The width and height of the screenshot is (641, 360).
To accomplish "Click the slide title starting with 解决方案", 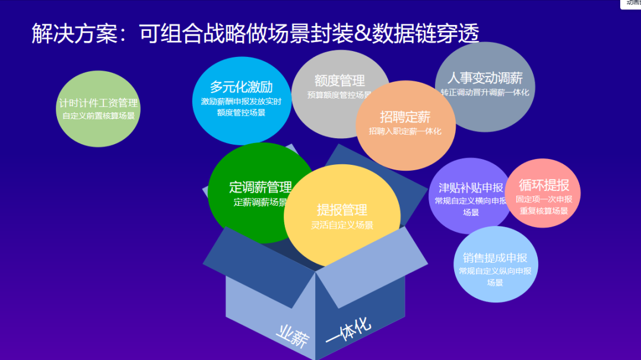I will click(255, 34).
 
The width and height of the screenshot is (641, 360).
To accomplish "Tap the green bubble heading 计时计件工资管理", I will click(99, 103).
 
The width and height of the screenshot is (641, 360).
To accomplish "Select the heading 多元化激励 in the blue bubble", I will click(241, 87).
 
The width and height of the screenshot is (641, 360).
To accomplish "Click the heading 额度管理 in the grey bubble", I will click(339, 81).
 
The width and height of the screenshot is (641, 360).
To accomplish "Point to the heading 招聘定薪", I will click(405, 117).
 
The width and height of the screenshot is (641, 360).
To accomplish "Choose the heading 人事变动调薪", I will click(485, 78).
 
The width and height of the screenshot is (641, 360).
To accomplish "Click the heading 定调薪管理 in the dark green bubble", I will click(261, 187).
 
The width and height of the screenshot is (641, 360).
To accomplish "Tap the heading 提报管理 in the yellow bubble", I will click(342, 209).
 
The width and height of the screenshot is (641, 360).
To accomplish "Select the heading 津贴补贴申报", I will click(471, 187).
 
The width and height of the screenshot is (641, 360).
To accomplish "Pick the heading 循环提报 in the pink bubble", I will click(544, 184).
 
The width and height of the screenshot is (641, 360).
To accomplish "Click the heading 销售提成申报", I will click(495, 258).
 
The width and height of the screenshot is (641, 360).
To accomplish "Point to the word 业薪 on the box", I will click(293, 336).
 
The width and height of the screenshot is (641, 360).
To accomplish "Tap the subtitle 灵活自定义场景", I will click(342, 225).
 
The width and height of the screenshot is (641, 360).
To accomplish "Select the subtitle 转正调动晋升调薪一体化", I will click(485, 93).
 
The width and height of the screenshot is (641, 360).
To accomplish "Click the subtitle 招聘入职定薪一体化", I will click(405, 131).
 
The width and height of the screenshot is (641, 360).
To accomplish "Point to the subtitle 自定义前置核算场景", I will click(99, 116).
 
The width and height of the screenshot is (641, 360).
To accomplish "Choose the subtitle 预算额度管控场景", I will click(339, 95).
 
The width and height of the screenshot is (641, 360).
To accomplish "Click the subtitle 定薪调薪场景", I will click(261, 202).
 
